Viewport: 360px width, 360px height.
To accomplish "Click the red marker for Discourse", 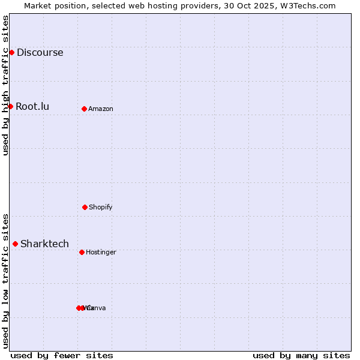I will click(11, 52).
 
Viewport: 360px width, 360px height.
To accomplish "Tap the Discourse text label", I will click(40, 52).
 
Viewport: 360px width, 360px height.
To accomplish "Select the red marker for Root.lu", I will click(10, 106).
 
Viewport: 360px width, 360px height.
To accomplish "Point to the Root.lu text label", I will click(32, 107).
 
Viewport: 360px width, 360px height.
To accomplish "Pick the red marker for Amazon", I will click(84, 109).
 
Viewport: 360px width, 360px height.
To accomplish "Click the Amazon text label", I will click(101, 109).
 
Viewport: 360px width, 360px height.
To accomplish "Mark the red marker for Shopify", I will click(85, 207).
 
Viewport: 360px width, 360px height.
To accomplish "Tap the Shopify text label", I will click(101, 208).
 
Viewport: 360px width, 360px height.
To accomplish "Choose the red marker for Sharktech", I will click(15, 244).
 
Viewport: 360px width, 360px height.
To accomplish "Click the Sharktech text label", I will click(44, 244).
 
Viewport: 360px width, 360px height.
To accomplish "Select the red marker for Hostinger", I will click(82, 252).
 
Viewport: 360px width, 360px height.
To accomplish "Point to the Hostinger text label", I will click(101, 253).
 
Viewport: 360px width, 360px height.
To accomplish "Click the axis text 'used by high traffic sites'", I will click(5, 85).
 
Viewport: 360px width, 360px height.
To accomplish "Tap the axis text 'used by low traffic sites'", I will click(5, 281).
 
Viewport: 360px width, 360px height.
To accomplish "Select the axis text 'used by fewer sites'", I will click(62, 355).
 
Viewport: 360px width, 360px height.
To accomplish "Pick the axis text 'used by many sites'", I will click(301, 355).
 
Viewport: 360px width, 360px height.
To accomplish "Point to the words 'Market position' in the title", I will click(52, 5).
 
